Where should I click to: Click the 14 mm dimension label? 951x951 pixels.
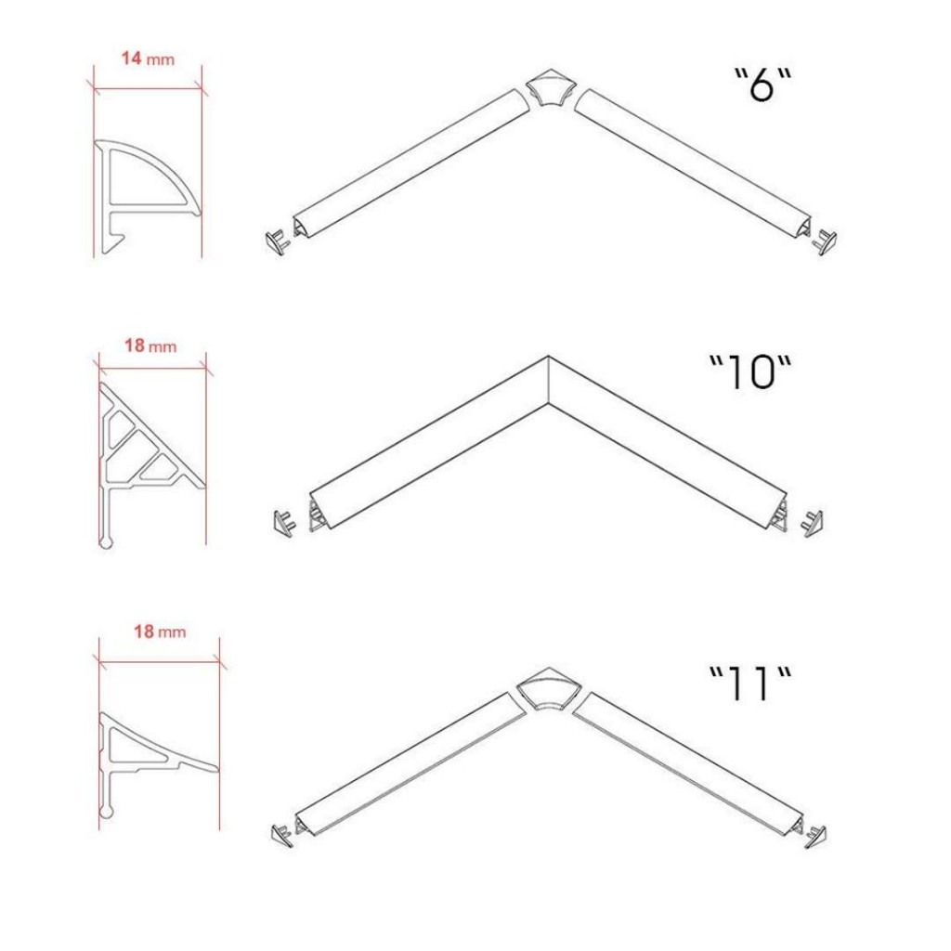point(148,59)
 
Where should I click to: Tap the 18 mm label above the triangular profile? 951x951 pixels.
point(150,345)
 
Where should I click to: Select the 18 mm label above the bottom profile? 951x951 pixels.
point(160,632)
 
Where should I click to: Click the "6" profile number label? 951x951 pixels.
point(763,85)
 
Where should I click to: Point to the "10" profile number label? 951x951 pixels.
point(750,371)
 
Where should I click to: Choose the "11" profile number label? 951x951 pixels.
point(750,684)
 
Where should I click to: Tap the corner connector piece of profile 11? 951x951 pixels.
point(549,688)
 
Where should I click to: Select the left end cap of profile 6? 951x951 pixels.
point(278,241)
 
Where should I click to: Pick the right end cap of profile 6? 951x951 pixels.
point(825,242)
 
